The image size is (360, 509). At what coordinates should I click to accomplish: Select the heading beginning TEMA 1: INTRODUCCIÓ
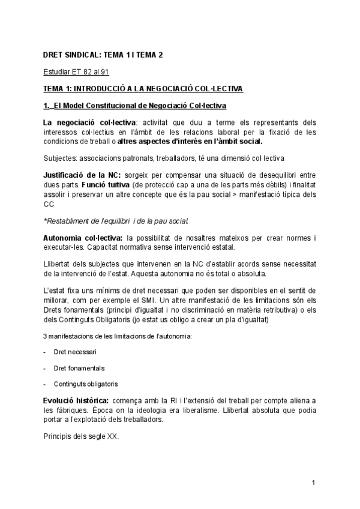(x=143, y=89)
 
